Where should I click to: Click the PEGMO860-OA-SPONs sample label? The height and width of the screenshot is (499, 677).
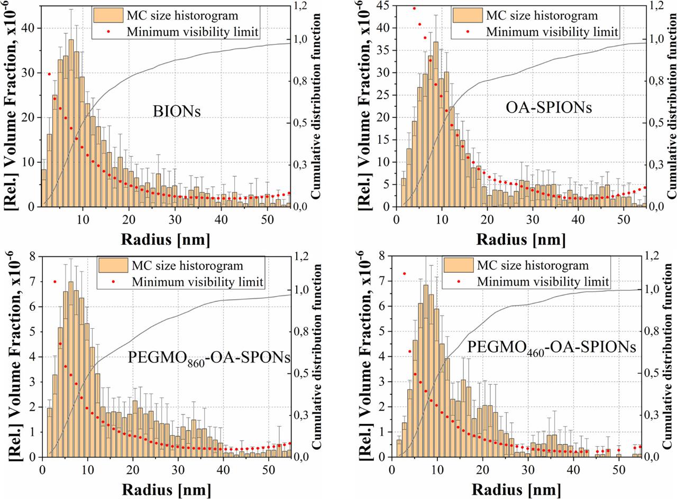coord(209,358)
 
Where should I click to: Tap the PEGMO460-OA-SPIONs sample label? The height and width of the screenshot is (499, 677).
coord(551,347)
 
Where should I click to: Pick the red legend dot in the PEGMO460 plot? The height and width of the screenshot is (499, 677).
coord(459,281)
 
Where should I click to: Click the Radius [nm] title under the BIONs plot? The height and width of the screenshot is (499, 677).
coord(166,239)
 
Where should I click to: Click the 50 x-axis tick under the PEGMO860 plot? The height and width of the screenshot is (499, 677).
coord(269,469)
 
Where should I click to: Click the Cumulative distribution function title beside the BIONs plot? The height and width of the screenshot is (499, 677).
coord(316,106)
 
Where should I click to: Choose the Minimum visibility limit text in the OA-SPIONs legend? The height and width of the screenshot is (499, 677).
coord(552,32)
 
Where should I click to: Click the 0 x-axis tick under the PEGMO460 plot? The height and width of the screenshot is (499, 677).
coord(391,469)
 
